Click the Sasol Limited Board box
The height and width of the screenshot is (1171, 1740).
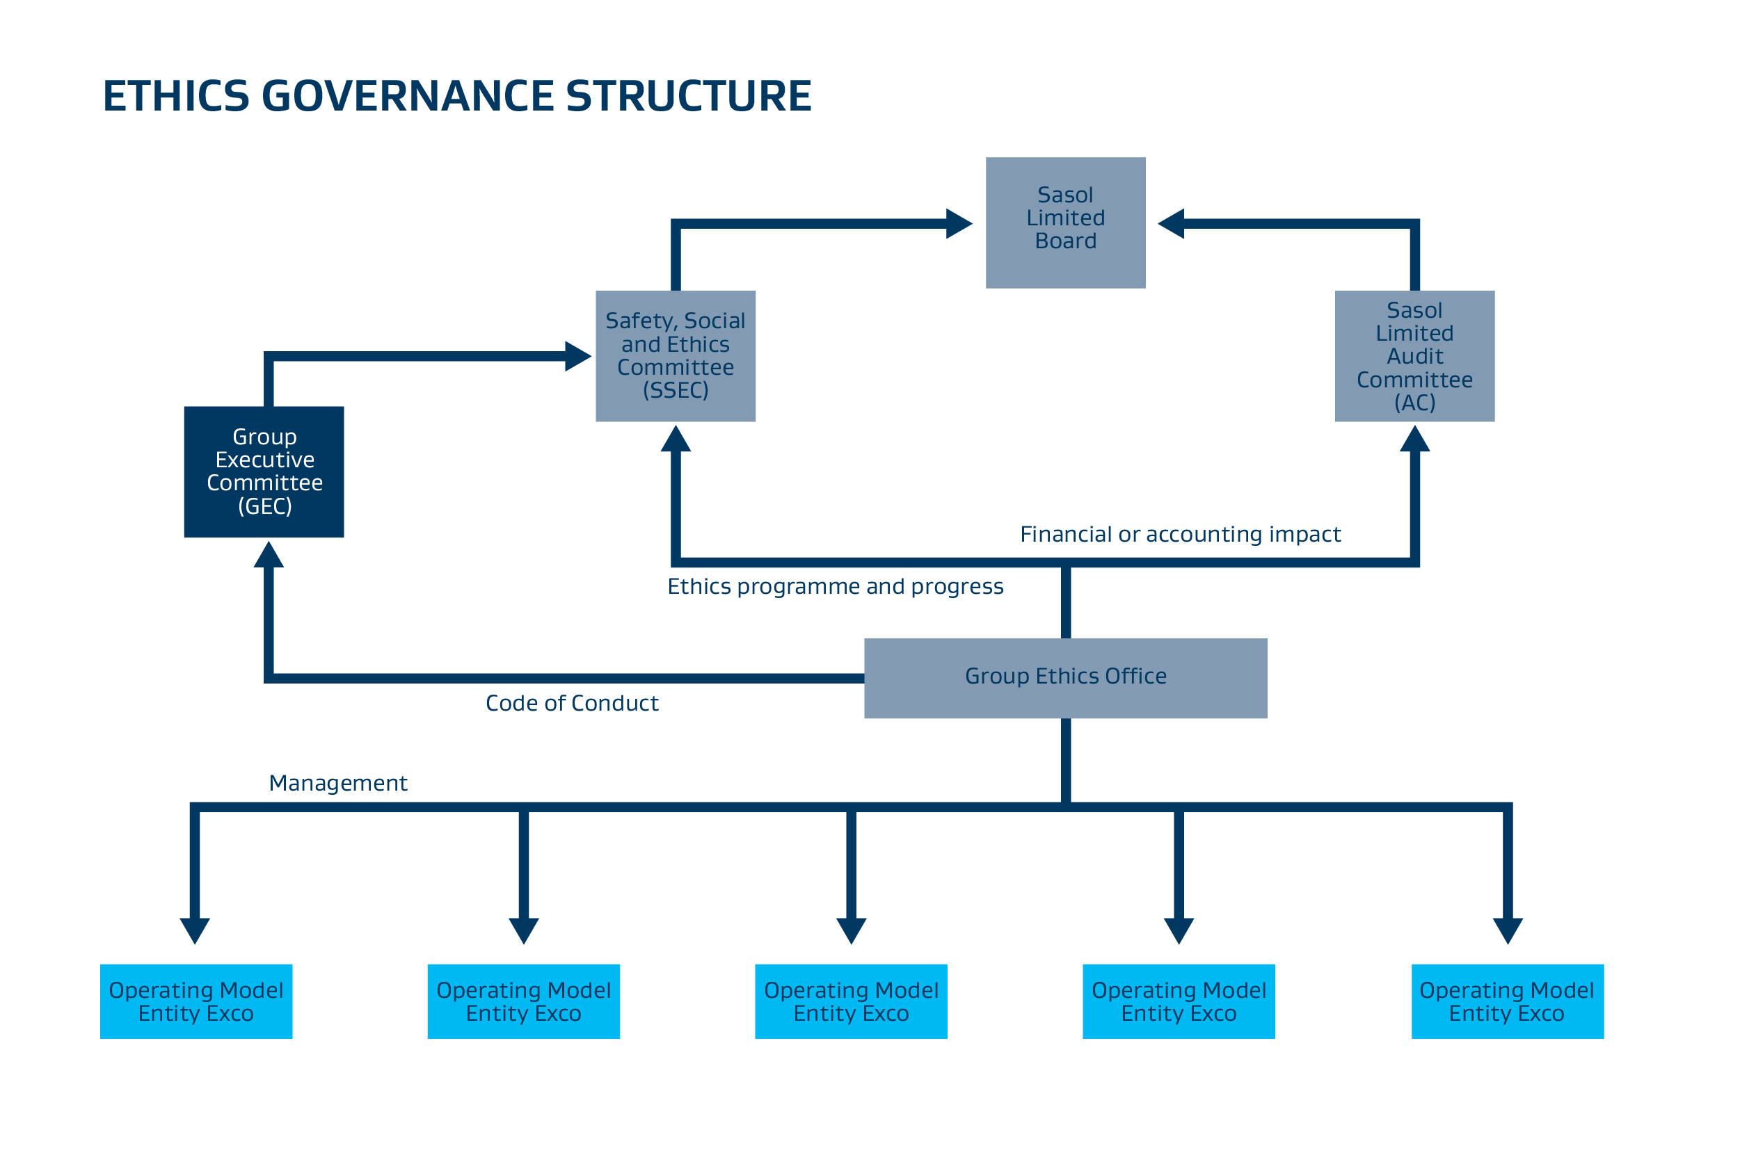(1065, 223)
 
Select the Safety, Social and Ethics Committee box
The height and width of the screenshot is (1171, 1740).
(676, 356)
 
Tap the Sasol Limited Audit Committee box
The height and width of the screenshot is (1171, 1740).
(1414, 356)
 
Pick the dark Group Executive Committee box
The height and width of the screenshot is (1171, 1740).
(264, 471)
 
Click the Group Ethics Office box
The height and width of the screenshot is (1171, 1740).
(1065, 678)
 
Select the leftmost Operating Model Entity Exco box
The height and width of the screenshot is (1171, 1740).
(195, 1001)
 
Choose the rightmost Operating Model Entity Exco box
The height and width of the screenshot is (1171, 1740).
(1507, 1001)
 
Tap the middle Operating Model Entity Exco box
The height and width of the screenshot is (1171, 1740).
(851, 1001)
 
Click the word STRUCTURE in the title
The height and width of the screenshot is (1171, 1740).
(688, 97)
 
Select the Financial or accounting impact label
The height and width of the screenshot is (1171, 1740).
(1181, 535)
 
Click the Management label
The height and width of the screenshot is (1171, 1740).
(337, 784)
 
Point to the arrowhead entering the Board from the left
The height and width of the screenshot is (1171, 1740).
(958, 223)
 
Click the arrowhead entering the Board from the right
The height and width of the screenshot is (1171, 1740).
(1172, 223)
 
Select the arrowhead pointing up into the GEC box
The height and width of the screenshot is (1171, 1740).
(269, 555)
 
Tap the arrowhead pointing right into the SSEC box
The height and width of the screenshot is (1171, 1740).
(577, 356)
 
